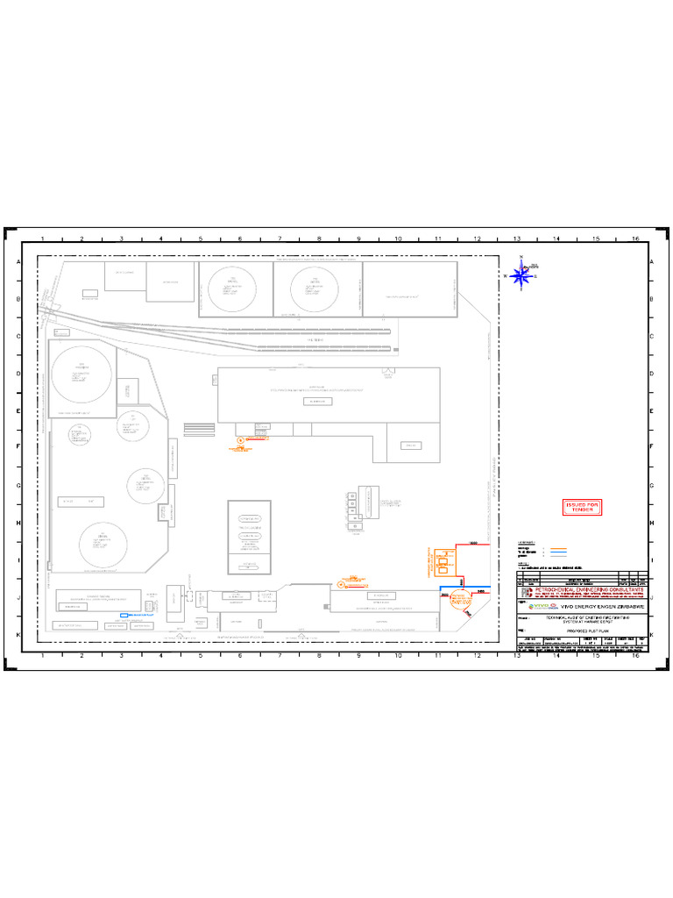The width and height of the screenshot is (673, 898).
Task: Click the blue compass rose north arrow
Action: click(x=521, y=275)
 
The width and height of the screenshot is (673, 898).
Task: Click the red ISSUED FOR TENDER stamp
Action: click(x=582, y=508)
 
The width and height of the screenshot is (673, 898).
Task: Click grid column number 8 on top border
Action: click(x=319, y=239)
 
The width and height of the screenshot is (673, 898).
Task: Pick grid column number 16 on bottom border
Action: click(x=635, y=656)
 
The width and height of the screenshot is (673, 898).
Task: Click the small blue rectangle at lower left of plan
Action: click(x=124, y=616)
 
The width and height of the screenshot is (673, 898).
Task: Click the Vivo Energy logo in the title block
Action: click(x=538, y=606)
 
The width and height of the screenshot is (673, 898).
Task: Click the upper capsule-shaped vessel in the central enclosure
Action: click(x=250, y=519)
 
